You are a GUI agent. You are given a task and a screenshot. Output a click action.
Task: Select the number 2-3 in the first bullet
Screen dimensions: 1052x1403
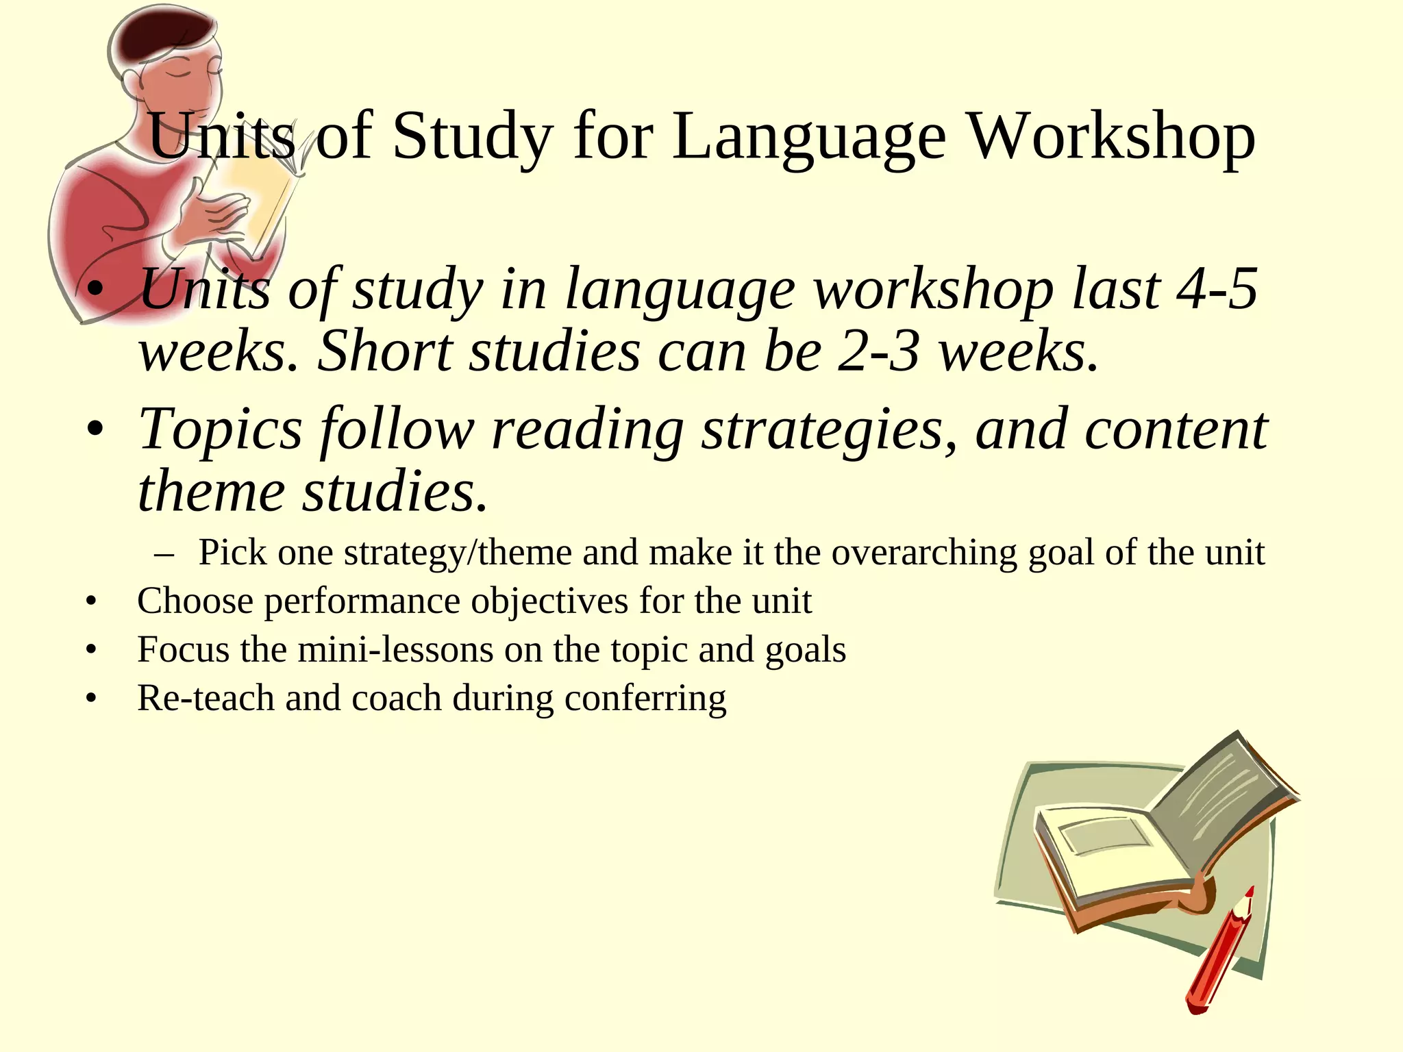point(878,351)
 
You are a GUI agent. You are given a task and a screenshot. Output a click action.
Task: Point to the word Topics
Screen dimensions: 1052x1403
point(220,429)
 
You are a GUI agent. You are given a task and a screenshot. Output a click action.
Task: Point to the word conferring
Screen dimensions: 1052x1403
point(645,699)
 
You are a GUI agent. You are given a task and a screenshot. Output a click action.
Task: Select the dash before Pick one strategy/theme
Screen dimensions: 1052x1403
point(164,553)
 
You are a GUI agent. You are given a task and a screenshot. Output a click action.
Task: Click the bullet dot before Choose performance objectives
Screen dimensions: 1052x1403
point(91,602)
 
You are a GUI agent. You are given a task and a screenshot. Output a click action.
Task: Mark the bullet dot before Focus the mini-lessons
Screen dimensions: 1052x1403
point(91,650)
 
